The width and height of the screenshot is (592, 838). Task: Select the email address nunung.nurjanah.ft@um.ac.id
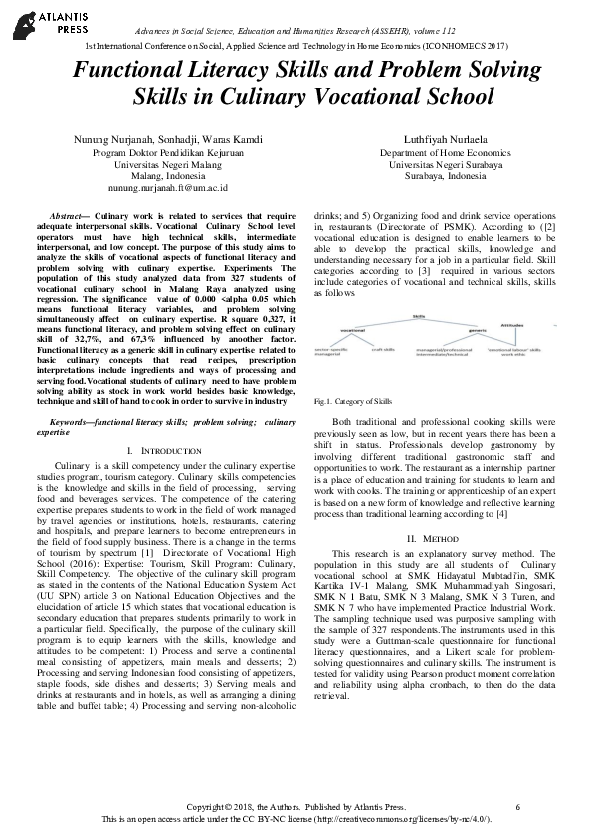click(x=168, y=186)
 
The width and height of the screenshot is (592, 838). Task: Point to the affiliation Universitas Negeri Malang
click(x=168, y=164)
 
